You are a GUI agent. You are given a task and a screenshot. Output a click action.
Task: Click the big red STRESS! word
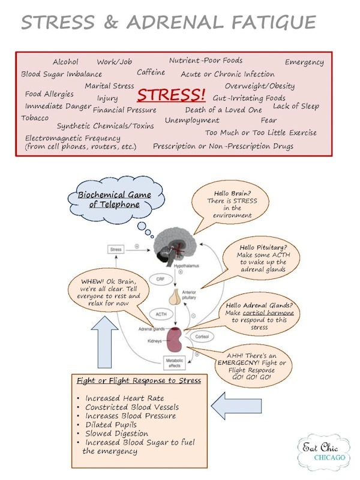pyautogui.click(x=172, y=95)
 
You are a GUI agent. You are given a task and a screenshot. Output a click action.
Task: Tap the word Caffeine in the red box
pyautogui.click(x=151, y=73)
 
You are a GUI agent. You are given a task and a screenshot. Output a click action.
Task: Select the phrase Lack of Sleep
pyautogui.click(x=296, y=106)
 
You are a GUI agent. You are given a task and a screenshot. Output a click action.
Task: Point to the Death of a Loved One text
pyautogui.click(x=223, y=110)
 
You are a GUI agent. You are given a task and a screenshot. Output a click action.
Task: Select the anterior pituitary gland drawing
pyautogui.click(x=175, y=296)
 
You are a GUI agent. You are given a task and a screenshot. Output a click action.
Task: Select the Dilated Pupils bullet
pyautogui.click(x=111, y=425)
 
